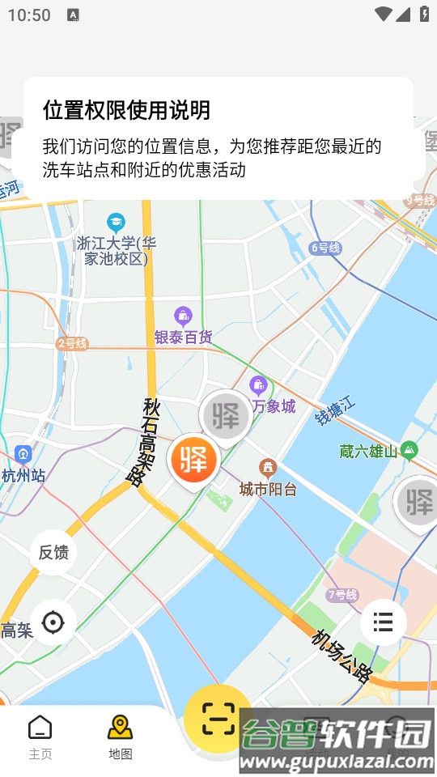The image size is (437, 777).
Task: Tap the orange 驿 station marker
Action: tap(194, 459)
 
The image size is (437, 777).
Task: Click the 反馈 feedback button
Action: tap(53, 553)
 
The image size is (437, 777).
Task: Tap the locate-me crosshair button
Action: tap(53, 622)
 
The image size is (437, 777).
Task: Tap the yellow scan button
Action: tap(217, 717)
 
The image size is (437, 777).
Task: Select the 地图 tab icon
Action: tap(121, 727)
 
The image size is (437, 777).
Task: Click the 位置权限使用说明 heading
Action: tap(126, 110)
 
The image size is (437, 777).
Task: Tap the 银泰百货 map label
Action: tap(184, 337)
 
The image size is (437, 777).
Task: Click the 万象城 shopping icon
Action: tap(259, 385)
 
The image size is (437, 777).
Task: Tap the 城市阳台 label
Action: tap(268, 489)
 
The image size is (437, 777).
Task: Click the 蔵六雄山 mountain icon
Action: tap(409, 449)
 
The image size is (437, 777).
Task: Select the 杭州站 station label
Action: tap(23, 475)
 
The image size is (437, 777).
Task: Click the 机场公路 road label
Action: tap(342, 655)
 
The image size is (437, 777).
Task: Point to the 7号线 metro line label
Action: tap(342, 595)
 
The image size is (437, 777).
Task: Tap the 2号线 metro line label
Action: tap(71, 343)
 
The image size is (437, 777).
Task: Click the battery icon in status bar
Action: tap(424, 14)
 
